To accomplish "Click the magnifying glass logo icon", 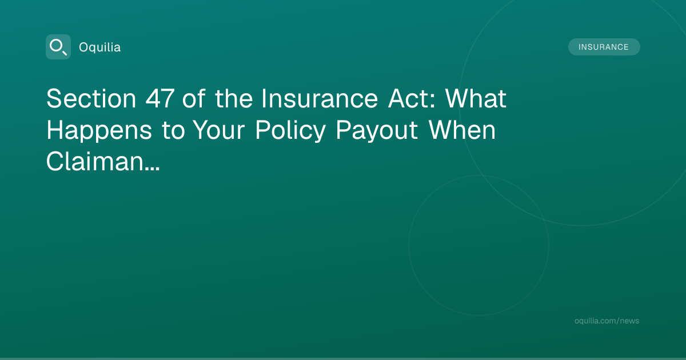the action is tap(58, 47).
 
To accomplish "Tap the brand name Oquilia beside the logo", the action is tap(100, 47).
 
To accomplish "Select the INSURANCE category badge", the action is tap(604, 47).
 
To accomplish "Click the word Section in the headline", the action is tap(91, 98).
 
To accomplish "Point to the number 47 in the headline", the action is tap(160, 98).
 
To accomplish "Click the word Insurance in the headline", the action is tap(320, 98).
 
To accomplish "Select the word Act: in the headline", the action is tap(411, 98).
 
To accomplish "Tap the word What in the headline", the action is tap(476, 98).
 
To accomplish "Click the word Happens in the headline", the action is tap(99, 130).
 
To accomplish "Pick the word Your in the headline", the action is tap(218, 130).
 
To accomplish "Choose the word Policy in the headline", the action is tap(290, 130).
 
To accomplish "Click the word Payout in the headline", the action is tap(377, 130).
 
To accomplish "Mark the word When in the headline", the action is tap(461, 130).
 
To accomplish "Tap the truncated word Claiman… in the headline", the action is tap(103, 161).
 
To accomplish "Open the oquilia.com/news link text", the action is tap(607, 321).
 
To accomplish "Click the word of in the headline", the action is tap(194, 98).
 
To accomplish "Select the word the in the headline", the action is tap(234, 98).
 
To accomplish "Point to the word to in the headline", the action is tap(173, 131).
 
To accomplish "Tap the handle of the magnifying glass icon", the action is tap(65, 53).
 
